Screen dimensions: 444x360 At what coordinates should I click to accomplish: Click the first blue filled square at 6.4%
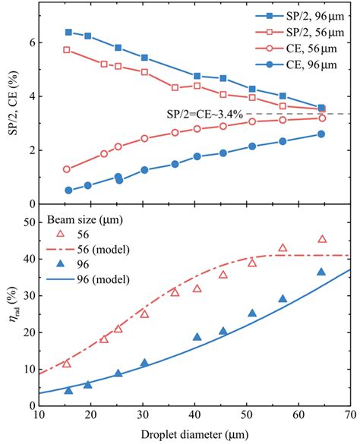point(68,32)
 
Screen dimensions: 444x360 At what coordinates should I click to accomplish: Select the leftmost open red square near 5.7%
point(67,49)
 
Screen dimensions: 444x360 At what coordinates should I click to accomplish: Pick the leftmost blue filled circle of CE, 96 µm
point(68,191)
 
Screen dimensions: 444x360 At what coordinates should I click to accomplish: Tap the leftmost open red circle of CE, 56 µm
point(67,169)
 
